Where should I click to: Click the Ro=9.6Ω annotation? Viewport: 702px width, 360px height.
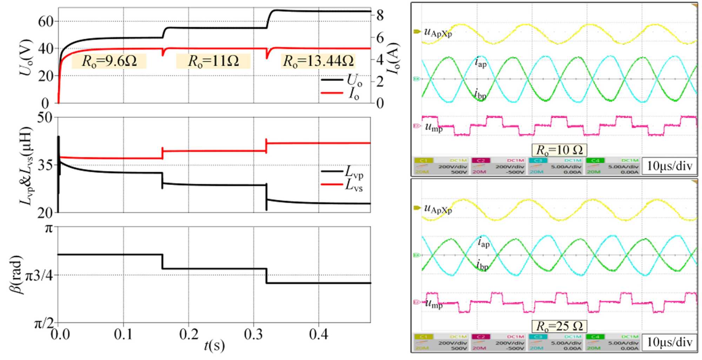pyautogui.click(x=109, y=61)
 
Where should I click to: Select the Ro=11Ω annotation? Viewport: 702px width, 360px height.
pyautogui.click(x=213, y=61)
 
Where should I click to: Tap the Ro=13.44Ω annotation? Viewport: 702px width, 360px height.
pyautogui.click(x=318, y=61)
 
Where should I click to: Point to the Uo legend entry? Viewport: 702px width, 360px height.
pyautogui.click(x=354, y=80)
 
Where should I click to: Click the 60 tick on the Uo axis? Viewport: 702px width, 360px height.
pyautogui.click(x=45, y=21)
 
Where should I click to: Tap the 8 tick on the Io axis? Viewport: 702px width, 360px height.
pyautogui.click(x=380, y=15)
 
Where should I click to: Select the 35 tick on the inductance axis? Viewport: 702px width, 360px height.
pyautogui.click(x=45, y=165)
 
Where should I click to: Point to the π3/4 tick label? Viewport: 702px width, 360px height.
pyautogui.click(x=40, y=276)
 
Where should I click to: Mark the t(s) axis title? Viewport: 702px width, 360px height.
pyautogui.click(x=214, y=346)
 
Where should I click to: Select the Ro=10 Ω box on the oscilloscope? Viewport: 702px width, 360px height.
pyautogui.click(x=559, y=150)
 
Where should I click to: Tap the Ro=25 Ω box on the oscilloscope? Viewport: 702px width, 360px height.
pyautogui.click(x=559, y=326)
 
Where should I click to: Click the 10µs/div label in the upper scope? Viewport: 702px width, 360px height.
pyautogui.click(x=669, y=166)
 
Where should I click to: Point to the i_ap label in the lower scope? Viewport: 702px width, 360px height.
pyautogui.click(x=483, y=242)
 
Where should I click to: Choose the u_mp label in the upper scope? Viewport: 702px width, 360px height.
pyautogui.click(x=433, y=127)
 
